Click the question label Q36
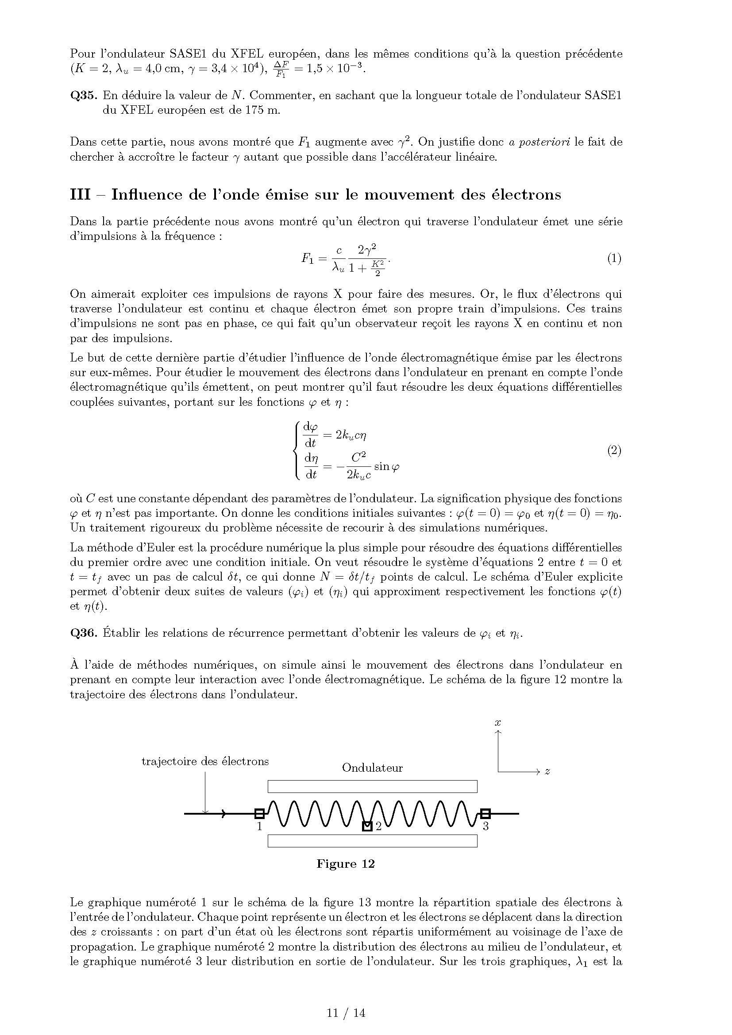point(83,633)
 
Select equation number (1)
point(614,258)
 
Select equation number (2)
point(614,450)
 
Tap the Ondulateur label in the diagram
point(372,768)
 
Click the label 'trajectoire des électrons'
point(205,762)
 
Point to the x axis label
point(497,723)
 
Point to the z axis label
point(547,771)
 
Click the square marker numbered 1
point(260,814)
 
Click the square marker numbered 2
point(367,826)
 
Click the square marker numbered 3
point(485,814)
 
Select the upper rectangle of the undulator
point(372,786)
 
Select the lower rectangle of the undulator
point(372,841)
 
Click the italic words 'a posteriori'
point(539,142)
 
